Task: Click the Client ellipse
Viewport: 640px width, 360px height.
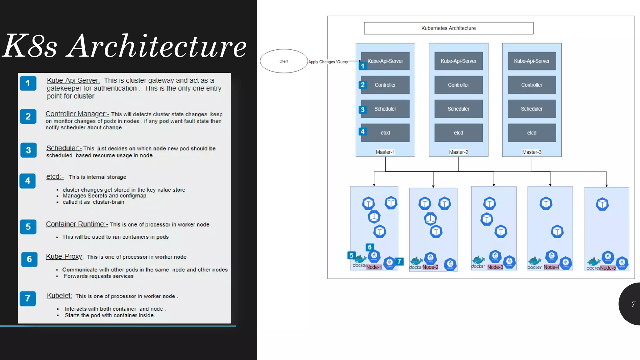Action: pos(284,61)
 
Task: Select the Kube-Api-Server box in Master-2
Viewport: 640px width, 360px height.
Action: pos(458,61)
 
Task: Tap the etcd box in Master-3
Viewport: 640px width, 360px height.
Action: pos(532,133)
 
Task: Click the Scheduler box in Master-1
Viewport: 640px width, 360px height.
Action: pos(385,109)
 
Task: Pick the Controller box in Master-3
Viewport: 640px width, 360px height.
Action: pos(532,85)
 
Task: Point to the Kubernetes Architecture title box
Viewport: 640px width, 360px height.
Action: pos(448,28)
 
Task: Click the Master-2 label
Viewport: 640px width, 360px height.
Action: pos(458,152)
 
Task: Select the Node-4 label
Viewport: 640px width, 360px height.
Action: pos(552,267)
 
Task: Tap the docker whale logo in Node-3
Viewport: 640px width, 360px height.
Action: pos(478,260)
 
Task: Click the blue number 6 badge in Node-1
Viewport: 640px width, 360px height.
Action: pos(370,247)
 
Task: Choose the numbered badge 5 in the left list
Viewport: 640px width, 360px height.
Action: pos(28,227)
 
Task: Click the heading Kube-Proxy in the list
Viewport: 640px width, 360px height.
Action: pos(64,257)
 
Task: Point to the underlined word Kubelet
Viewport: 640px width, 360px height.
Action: pos(59,296)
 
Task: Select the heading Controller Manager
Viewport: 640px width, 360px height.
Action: pos(77,114)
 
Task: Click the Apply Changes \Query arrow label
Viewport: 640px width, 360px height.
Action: pos(328,62)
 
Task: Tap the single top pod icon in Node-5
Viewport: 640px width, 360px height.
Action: pos(602,204)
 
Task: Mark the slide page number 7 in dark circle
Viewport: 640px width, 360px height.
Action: pos(633,304)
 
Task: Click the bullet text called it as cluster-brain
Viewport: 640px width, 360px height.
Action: pos(93,202)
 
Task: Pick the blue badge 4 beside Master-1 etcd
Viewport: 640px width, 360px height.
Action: pos(362,132)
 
